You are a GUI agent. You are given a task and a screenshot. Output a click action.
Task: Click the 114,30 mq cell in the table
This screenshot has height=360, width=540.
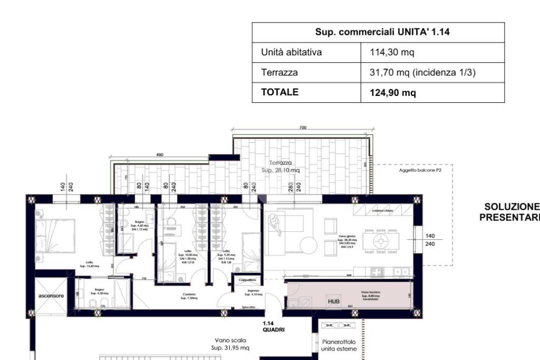385,53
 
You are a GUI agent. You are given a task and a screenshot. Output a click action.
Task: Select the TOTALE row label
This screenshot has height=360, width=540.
279,92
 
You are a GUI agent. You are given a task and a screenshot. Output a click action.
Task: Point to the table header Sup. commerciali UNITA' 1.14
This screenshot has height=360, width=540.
378,32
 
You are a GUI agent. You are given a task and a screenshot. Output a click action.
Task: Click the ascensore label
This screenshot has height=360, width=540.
51,296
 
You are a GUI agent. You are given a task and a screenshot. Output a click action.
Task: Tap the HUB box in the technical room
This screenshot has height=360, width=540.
334,301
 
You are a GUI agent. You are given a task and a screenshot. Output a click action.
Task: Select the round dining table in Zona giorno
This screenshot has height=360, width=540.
381,241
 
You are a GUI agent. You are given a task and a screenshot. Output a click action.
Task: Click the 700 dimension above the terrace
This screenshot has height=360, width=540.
303,128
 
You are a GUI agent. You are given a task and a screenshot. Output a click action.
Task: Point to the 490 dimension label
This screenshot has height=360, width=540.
160,154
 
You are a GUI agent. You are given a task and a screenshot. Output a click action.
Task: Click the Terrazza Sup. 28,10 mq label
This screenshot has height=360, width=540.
281,167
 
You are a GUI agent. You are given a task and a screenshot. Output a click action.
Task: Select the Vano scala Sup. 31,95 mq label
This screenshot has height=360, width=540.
230,344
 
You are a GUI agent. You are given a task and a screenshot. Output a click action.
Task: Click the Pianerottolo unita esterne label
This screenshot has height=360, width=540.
339,345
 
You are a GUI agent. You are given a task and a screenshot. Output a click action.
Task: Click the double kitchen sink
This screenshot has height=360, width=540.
401,272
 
